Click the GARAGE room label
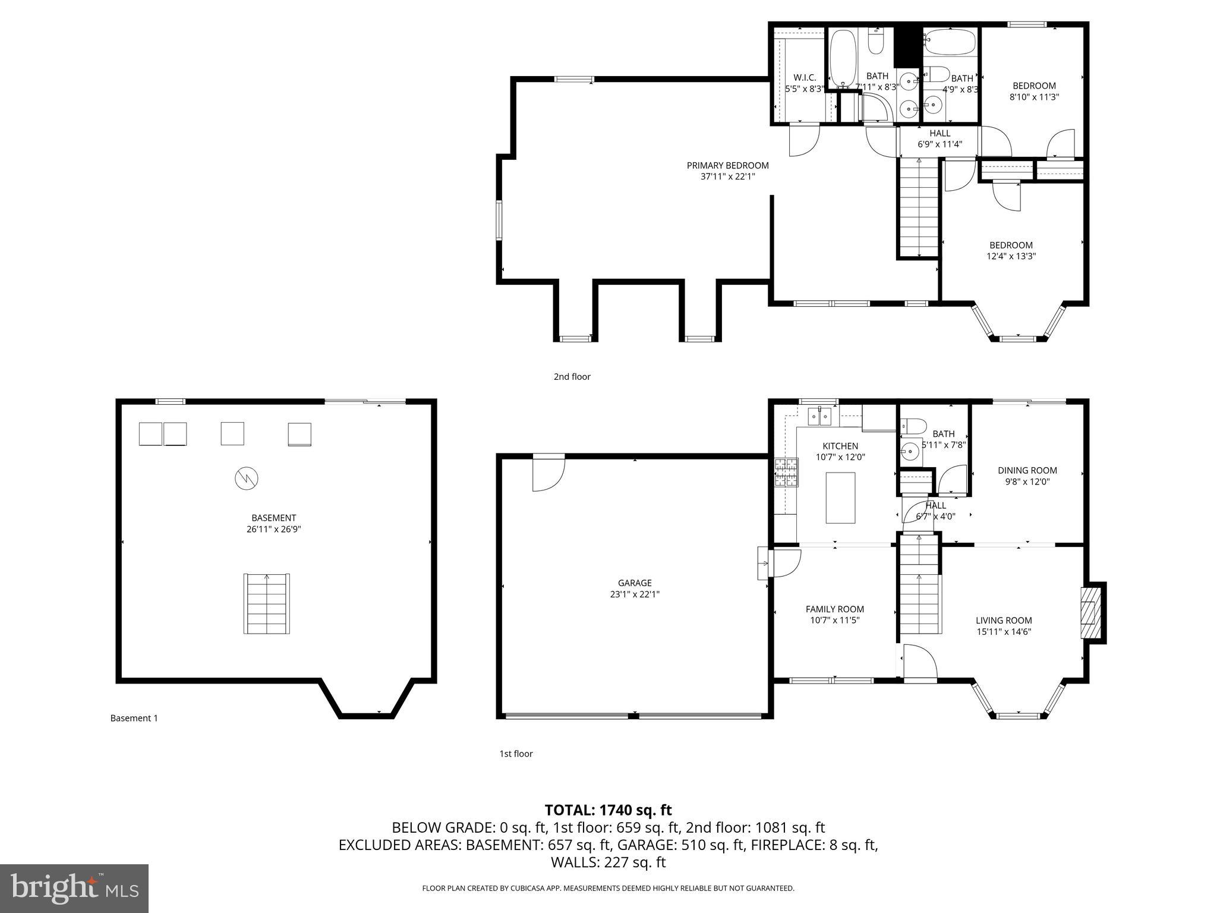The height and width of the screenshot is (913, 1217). [634, 583]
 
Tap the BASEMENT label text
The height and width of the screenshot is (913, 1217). [273, 518]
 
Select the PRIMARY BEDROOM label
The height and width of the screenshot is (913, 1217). [727, 166]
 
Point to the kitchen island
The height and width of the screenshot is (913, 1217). [840, 498]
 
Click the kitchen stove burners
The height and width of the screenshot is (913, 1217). [786, 472]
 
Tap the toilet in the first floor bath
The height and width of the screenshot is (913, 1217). [914, 426]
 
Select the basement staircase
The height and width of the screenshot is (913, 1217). [267, 603]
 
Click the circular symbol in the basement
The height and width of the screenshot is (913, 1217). [247, 478]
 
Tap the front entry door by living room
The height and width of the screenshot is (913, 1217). [919, 661]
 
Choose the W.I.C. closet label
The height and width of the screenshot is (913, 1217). [805, 78]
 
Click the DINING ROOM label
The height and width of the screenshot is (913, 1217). [1027, 471]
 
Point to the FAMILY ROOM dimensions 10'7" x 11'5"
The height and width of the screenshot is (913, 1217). [834, 620]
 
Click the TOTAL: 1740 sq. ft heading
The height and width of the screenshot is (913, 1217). [608, 810]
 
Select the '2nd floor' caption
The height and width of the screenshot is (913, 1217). [572, 376]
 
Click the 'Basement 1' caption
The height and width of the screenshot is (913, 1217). [134, 718]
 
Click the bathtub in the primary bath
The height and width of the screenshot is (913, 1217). [842, 58]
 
